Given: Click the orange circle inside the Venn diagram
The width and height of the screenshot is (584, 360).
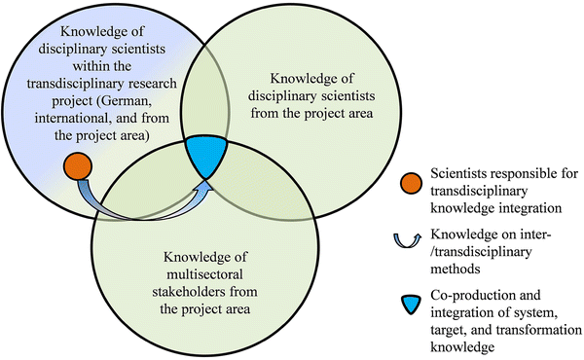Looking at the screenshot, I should point(76,164).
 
